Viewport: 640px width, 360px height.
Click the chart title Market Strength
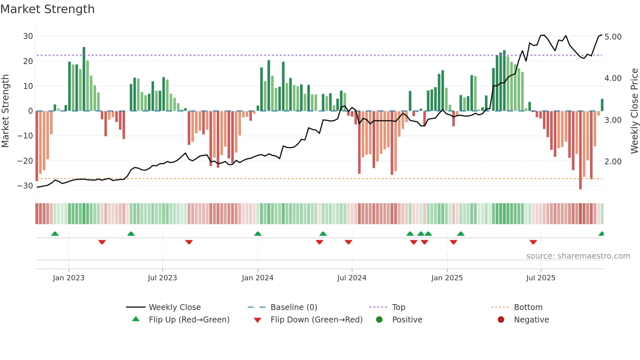47,9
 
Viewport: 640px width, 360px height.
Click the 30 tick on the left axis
28,36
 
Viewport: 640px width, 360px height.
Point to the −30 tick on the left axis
25,186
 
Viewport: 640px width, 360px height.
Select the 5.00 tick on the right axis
613,37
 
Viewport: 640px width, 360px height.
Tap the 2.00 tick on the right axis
613,162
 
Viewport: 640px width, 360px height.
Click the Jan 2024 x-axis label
258,278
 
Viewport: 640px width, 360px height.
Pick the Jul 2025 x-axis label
541,278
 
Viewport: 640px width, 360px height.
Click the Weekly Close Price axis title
634,111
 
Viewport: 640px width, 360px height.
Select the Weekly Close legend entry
175,307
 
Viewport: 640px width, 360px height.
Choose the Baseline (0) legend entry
294,307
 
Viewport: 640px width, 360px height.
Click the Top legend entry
398,307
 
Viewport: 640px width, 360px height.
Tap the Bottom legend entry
528,307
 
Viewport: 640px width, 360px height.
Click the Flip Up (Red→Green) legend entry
189,320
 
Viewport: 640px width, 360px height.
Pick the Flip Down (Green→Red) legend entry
316,320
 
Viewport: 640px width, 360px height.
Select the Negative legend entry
531,320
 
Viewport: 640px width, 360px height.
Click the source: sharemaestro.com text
578,256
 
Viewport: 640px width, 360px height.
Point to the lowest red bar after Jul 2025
580,150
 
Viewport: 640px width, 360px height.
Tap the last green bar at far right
602,105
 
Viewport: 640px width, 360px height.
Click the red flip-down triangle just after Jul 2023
189,242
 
